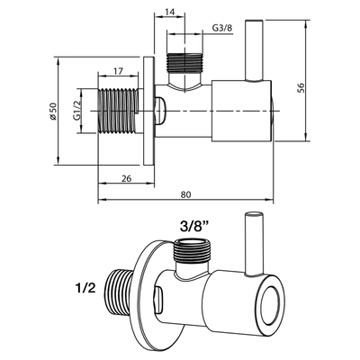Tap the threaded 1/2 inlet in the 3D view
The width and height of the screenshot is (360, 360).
(x=123, y=289)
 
